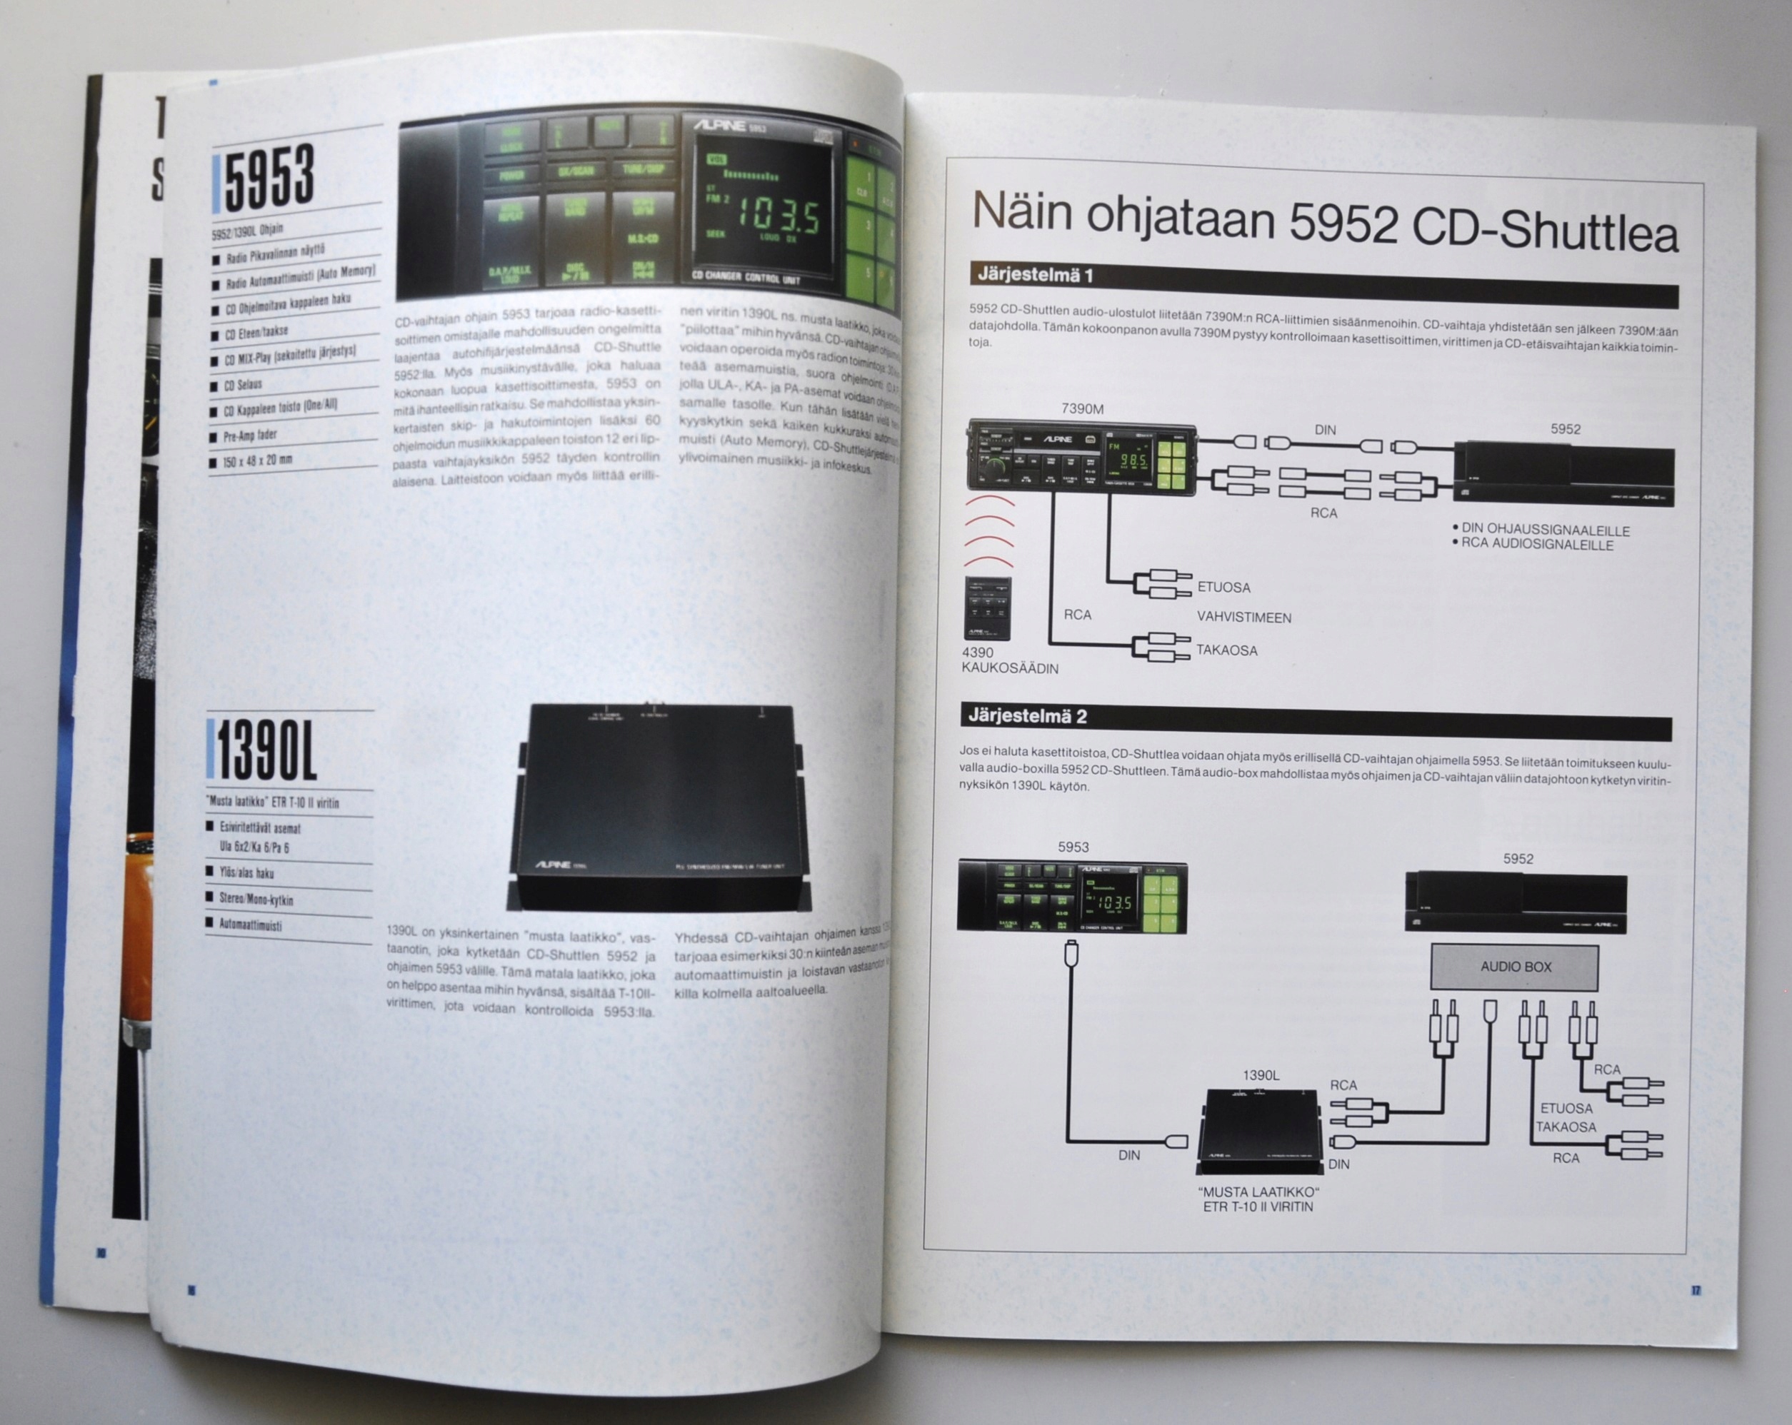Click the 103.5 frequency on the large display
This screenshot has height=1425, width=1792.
tap(778, 218)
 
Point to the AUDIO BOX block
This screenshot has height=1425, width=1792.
tap(1514, 967)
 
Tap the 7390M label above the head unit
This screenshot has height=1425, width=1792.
tap(1082, 409)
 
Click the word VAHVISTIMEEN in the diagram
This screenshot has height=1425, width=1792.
tap(1243, 618)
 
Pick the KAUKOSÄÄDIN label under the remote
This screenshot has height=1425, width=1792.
tap(1009, 669)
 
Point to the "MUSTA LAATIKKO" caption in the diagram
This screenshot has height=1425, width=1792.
tap(1258, 1192)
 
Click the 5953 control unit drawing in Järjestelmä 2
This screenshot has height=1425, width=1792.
tap(1072, 897)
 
